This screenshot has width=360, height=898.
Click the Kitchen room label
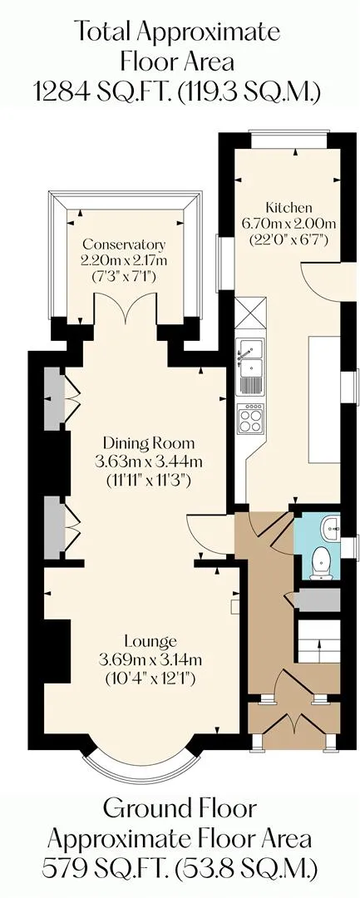(x=288, y=207)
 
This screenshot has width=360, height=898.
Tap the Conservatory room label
(x=124, y=244)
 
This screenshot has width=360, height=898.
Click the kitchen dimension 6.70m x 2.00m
(x=288, y=224)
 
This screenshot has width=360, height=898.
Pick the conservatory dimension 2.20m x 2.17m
(x=124, y=261)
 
